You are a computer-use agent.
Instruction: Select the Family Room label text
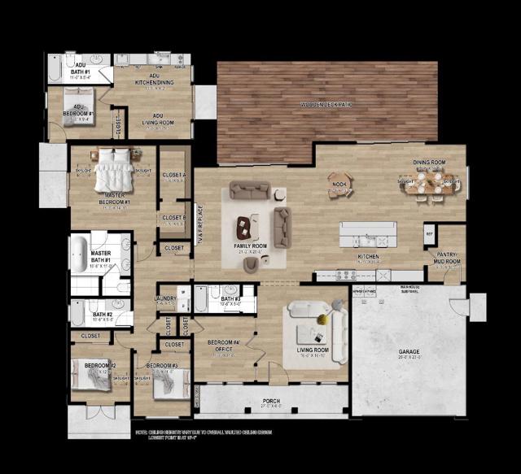tap(250, 245)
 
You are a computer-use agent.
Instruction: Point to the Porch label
tap(271, 401)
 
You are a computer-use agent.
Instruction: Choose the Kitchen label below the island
tap(369, 257)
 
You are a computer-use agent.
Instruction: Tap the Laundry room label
tap(166, 299)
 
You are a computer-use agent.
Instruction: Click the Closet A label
tap(173, 175)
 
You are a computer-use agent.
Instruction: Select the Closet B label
tap(173, 217)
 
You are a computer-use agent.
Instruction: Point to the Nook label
tap(339, 185)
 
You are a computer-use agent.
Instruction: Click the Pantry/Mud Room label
tap(446, 259)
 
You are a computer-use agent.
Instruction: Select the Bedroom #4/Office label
tap(224, 346)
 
